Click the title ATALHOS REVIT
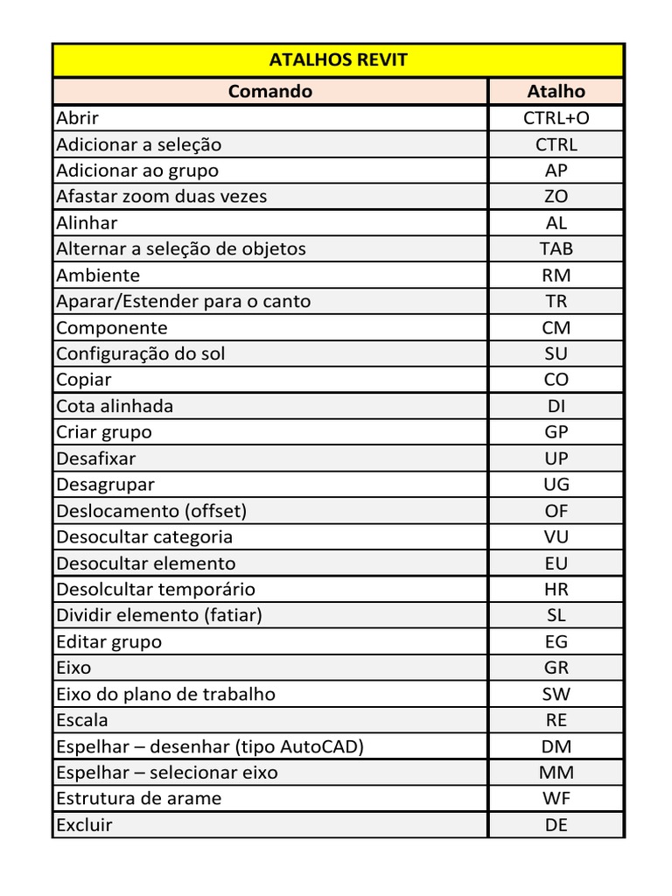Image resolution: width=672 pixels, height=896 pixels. (338, 60)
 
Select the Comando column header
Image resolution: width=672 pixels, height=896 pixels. (269, 91)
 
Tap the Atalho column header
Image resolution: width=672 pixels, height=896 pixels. (556, 91)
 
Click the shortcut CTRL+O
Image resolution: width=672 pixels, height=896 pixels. (556, 118)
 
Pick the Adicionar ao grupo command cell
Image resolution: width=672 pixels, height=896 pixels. (137, 171)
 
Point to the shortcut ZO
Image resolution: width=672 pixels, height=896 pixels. (556, 197)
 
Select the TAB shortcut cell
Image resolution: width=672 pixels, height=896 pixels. (556, 248)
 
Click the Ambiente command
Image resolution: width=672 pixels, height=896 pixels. (98, 275)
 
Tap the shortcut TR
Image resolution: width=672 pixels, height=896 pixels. (556, 301)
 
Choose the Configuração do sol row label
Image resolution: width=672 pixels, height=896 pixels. (141, 353)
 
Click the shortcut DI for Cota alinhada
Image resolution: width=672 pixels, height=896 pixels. (556, 406)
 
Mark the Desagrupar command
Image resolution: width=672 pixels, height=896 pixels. (105, 484)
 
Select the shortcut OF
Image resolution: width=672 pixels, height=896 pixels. (556, 510)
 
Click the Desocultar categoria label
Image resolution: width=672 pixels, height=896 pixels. (144, 536)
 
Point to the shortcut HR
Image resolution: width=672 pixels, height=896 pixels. (556, 589)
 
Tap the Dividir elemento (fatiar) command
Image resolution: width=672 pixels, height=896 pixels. (159, 615)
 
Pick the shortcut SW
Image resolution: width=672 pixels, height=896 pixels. (556, 694)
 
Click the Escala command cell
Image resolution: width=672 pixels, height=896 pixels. (82, 720)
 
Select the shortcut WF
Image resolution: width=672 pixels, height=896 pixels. (556, 798)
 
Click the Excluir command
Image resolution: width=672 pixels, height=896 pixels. (85, 824)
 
